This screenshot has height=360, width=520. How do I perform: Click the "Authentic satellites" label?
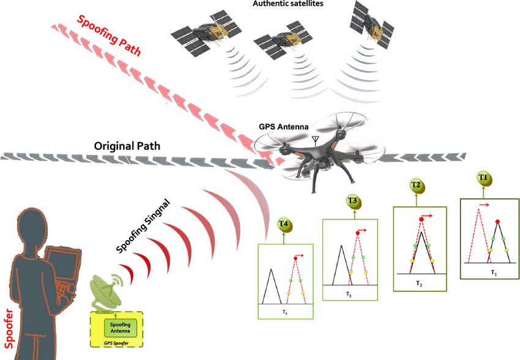[x=288, y=4]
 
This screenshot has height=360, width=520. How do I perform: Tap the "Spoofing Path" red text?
[x=109, y=36]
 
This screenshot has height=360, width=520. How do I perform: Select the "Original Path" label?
[x=127, y=147]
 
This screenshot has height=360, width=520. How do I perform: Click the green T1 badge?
[x=483, y=178]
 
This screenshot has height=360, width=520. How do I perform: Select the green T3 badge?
[x=352, y=201]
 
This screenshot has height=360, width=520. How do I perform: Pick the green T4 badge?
[x=283, y=225]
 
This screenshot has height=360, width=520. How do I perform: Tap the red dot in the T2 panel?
[x=422, y=219]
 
